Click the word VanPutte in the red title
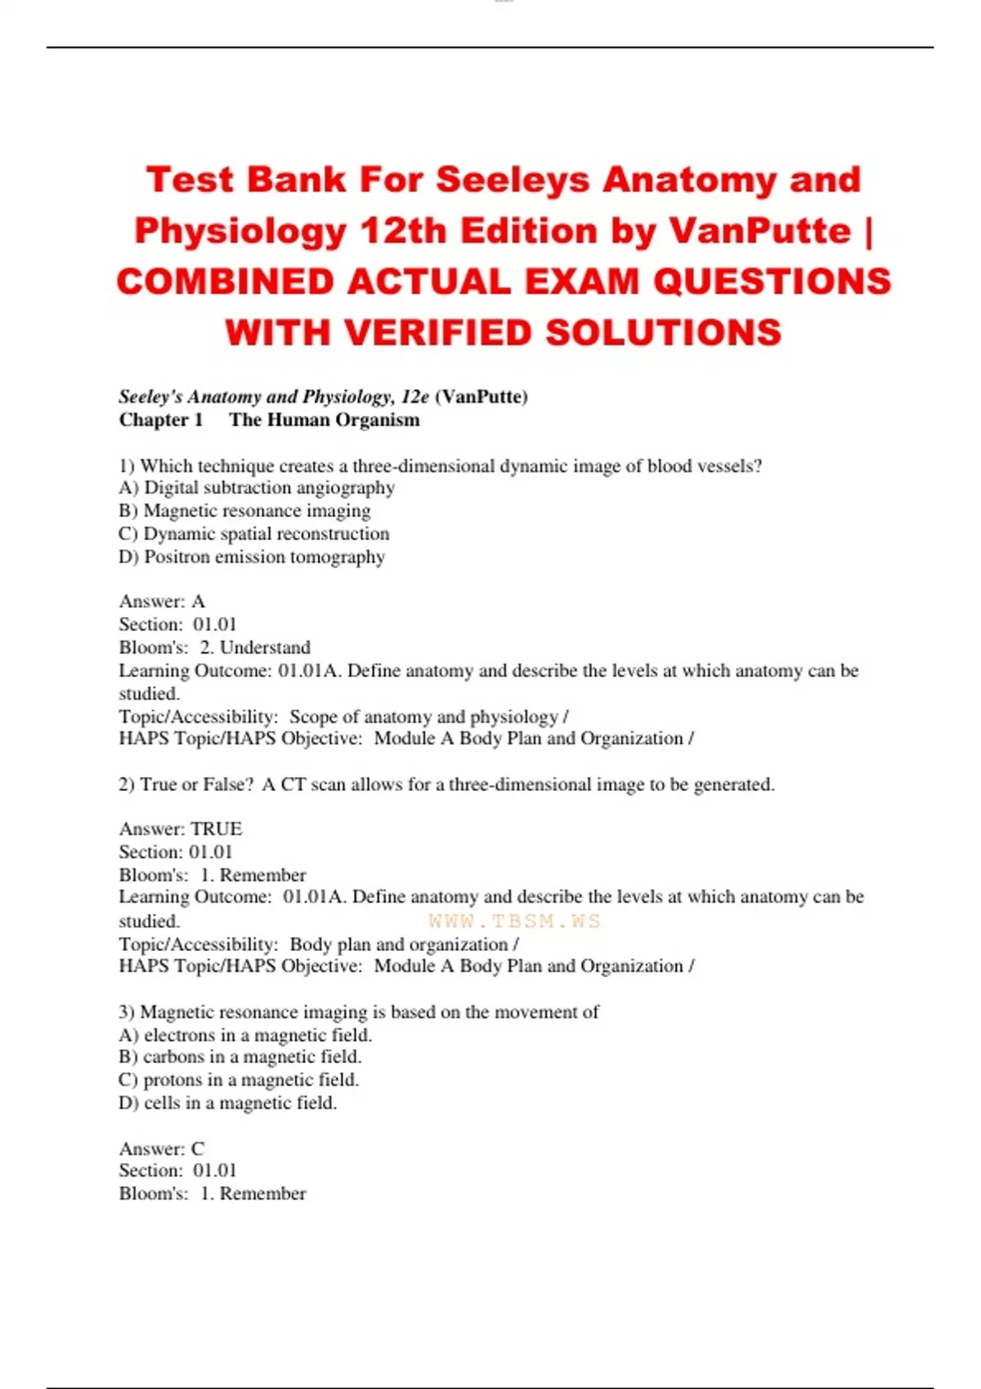760,231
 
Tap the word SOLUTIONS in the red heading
663,333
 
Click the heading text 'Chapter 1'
161,420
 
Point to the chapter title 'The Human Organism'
325,420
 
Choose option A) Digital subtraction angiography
257,488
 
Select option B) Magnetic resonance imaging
244,511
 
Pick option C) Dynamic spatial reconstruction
254,534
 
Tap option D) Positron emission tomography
252,556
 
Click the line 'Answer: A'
162,601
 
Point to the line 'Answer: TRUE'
181,828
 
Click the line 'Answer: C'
162,1148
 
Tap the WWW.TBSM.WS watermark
514,922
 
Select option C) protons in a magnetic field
239,1079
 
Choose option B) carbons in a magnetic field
240,1056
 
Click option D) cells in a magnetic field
228,1103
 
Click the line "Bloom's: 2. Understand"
215,647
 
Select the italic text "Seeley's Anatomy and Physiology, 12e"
274,397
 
